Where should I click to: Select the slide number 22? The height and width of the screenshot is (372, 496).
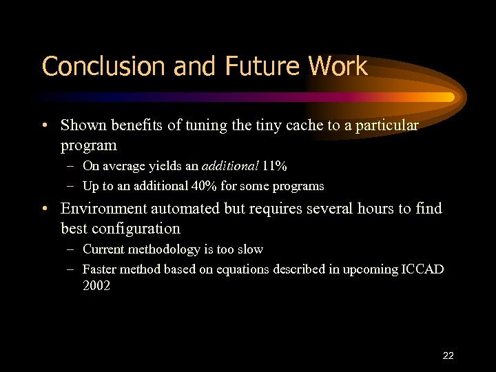(448, 355)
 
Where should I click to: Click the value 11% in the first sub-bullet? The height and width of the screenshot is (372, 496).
(274, 165)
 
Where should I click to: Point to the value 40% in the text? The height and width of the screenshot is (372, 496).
(207, 186)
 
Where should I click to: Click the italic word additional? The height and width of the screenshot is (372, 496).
(230, 165)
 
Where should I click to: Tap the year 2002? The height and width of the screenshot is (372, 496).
(96, 285)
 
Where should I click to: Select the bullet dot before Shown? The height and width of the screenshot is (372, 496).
(44, 126)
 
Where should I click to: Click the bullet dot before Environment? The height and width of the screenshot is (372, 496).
(44, 209)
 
